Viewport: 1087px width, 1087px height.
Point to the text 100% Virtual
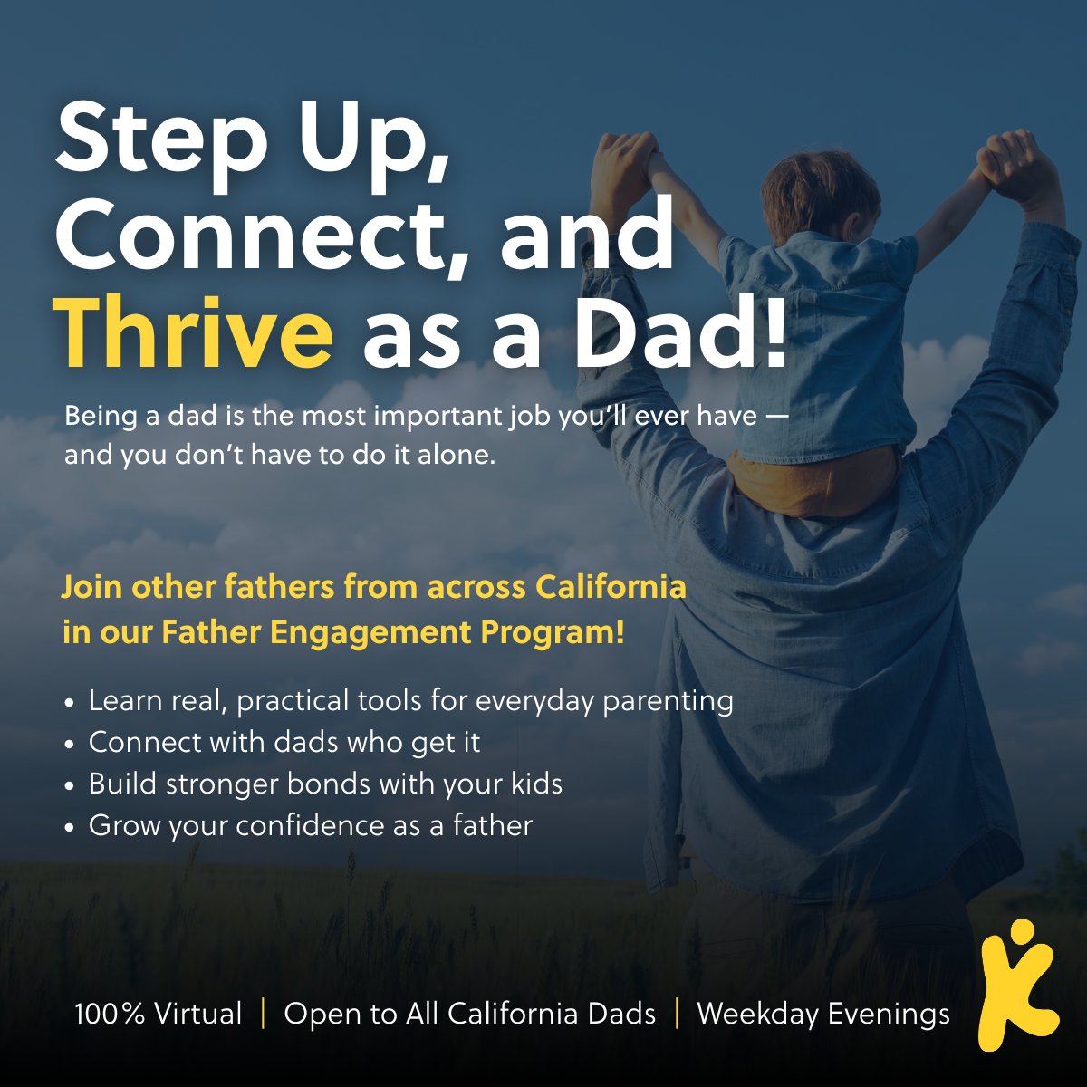(x=159, y=1014)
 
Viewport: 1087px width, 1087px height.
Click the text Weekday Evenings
(x=822, y=1014)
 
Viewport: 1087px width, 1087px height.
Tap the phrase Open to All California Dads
(x=469, y=1014)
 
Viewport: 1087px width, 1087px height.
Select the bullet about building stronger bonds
(x=325, y=784)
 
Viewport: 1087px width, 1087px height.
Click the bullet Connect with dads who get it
(x=284, y=742)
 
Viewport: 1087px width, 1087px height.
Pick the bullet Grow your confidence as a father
(x=310, y=825)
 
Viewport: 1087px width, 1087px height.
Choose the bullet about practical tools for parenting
(x=410, y=700)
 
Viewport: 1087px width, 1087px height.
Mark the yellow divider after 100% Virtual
(x=263, y=1013)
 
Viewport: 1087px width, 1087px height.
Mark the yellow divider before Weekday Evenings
(x=677, y=1013)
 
